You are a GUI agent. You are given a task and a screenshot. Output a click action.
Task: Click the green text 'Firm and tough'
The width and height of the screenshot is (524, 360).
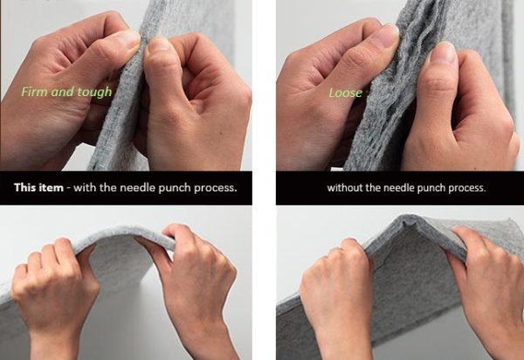click(66, 92)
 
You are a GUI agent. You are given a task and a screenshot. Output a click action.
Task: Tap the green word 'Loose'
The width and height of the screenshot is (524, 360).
click(346, 93)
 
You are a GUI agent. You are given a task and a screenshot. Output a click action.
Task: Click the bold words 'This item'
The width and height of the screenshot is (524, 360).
click(38, 188)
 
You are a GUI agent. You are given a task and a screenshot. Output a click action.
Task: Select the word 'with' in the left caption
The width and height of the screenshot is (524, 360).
click(85, 188)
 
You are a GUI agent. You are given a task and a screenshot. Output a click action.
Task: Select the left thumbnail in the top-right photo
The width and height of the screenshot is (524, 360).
click(387, 32)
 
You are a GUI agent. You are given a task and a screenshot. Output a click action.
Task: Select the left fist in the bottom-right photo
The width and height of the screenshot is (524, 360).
click(336, 279)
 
